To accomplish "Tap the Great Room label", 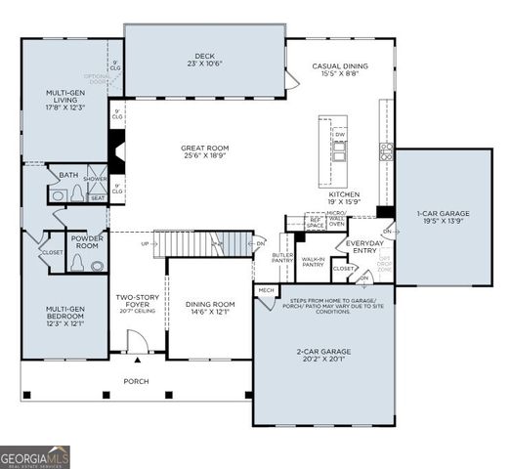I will click(x=204, y=152).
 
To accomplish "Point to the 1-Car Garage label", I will click(x=444, y=218).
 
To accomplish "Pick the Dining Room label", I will click(x=211, y=308).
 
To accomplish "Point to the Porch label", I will click(x=136, y=381).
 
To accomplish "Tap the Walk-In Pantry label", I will click(x=313, y=262).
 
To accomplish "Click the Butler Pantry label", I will click(x=282, y=258).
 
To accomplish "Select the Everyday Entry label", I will click(x=365, y=246).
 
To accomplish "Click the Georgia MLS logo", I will click(x=35, y=455).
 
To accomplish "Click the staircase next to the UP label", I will click(x=199, y=243).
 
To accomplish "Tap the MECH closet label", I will click(x=266, y=290).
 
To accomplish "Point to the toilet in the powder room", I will click(x=96, y=264).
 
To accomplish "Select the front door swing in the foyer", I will click(x=137, y=343).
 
